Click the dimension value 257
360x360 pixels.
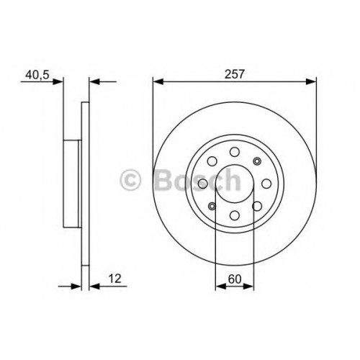tap(234, 74)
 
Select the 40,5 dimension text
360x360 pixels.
tap(37, 75)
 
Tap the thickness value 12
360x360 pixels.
tap(115, 279)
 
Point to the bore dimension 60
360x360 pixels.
tap(234, 279)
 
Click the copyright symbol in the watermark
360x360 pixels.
tap(130, 179)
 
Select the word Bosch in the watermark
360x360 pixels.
tap(197, 179)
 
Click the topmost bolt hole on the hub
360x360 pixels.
tap(235, 152)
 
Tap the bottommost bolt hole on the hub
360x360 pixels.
tap(235, 215)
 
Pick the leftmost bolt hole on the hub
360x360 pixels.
tap(203, 184)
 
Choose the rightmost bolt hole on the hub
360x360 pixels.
tap(266, 184)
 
